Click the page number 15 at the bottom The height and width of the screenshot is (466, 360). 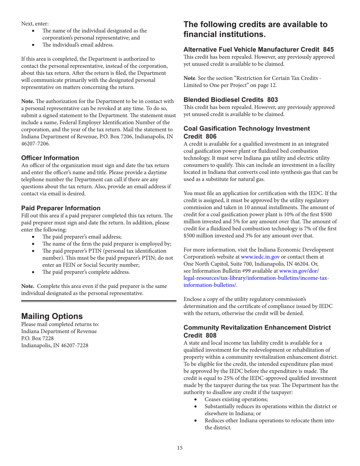coord(180,448)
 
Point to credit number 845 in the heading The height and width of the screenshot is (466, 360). coord(328,49)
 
